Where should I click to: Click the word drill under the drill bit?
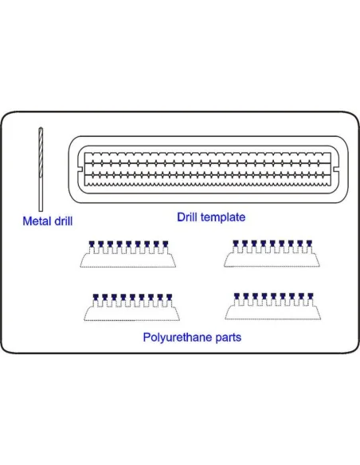point(62,221)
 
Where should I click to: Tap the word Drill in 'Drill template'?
point(187,217)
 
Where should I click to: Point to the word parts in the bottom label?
point(229,338)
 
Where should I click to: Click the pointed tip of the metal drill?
point(41,128)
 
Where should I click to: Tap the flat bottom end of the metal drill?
point(41,210)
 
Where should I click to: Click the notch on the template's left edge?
point(80,169)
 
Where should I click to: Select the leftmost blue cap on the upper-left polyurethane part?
point(92,244)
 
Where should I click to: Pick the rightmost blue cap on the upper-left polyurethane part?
point(165,244)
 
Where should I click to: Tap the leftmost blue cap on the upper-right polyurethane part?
point(236,244)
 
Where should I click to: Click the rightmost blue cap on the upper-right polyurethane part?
point(309,244)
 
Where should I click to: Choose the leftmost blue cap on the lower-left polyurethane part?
point(96,298)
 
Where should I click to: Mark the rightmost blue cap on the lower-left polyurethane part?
point(169,298)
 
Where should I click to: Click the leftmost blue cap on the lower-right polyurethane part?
point(237,296)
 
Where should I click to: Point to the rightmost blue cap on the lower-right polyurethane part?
point(310,296)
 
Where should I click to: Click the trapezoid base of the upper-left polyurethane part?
point(127,260)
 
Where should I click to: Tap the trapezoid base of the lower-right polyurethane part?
point(273,313)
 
